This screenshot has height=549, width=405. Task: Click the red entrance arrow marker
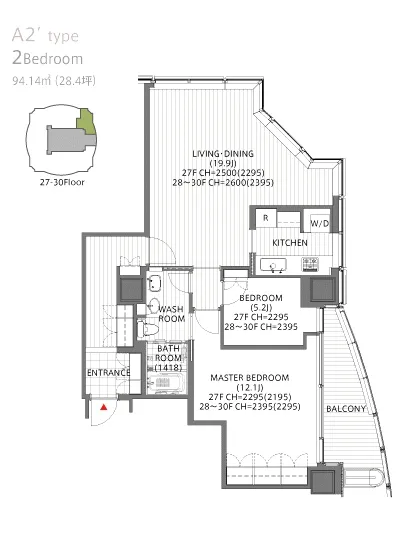(103, 407)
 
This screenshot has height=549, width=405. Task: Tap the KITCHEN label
(290, 243)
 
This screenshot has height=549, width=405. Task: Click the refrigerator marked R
(266, 219)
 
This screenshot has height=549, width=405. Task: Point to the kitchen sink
(273, 265)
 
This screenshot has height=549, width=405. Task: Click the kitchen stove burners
(310, 264)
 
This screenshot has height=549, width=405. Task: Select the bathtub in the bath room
(166, 383)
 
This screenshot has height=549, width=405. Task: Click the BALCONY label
(346, 409)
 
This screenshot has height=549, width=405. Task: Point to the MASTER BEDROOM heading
(250, 378)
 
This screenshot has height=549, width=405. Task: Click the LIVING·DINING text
(223, 154)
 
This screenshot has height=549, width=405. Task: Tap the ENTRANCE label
(109, 373)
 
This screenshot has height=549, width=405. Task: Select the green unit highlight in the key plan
(86, 122)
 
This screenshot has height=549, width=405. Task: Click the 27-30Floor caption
(62, 182)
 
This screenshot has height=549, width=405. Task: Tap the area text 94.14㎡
(32, 81)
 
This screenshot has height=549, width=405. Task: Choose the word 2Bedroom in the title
(47, 58)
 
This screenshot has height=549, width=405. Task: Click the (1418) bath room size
(168, 368)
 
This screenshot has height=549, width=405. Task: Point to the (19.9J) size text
(223, 163)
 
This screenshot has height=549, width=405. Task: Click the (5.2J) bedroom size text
(261, 308)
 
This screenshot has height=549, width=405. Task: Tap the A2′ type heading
(45, 36)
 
